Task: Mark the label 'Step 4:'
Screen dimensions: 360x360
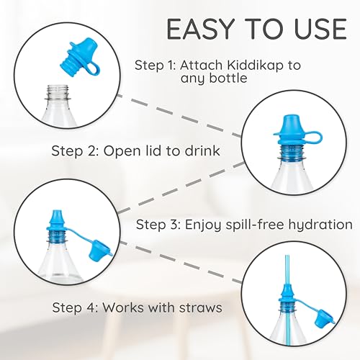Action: [x=76, y=307]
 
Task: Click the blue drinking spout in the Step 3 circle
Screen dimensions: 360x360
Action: [x=55, y=220]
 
